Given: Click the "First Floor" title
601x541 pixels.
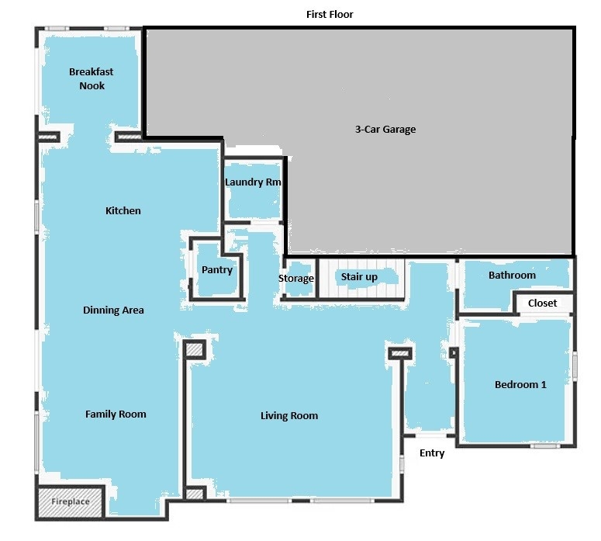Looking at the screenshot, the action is (330, 14).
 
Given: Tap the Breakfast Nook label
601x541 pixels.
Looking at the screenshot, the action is (92, 78).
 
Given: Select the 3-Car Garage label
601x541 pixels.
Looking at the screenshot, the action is (385, 130).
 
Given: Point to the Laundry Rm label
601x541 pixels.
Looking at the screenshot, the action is (253, 182).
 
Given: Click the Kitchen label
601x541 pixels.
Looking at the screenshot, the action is (123, 210).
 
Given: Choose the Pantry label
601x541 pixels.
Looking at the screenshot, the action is (217, 270).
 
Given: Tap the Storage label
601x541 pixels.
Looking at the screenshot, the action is (296, 279).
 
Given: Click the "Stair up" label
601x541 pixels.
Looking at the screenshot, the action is (359, 277).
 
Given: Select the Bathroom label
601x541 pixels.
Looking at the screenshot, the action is (512, 275).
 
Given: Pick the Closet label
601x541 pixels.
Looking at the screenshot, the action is (542, 303).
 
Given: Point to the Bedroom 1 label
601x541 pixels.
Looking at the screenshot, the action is (520, 384).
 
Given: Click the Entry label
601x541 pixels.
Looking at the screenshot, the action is (432, 453).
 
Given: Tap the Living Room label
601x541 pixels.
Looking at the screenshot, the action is (289, 415).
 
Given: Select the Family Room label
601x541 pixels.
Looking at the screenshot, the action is (116, 414).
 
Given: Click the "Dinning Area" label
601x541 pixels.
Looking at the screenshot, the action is (113, 310).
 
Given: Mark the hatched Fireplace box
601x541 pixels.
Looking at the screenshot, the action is (70, 502).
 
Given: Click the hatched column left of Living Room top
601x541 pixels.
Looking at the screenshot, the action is (195, 349).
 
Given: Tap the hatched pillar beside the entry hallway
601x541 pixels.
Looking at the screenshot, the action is (400, 353).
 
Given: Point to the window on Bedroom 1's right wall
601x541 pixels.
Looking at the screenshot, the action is (575, 366).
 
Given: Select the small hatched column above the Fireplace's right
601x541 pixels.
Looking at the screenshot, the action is (195, 494).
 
